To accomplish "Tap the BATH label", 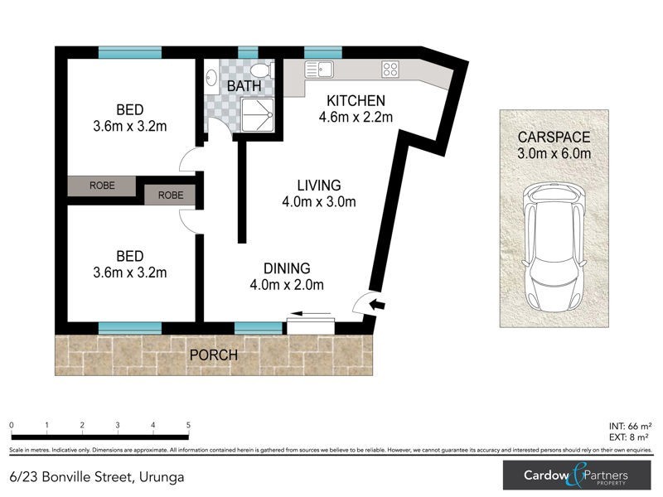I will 244,85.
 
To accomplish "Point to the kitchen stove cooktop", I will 390,70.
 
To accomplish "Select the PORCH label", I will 213,355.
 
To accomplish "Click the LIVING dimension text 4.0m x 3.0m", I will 320,201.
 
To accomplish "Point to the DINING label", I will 287,268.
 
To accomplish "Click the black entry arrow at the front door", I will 377,305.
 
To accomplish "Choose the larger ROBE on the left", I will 101,186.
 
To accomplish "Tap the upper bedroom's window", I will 123,53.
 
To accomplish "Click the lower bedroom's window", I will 123,328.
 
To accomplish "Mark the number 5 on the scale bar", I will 188,425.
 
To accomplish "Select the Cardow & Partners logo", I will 577,476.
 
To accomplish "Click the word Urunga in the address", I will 161,477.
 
